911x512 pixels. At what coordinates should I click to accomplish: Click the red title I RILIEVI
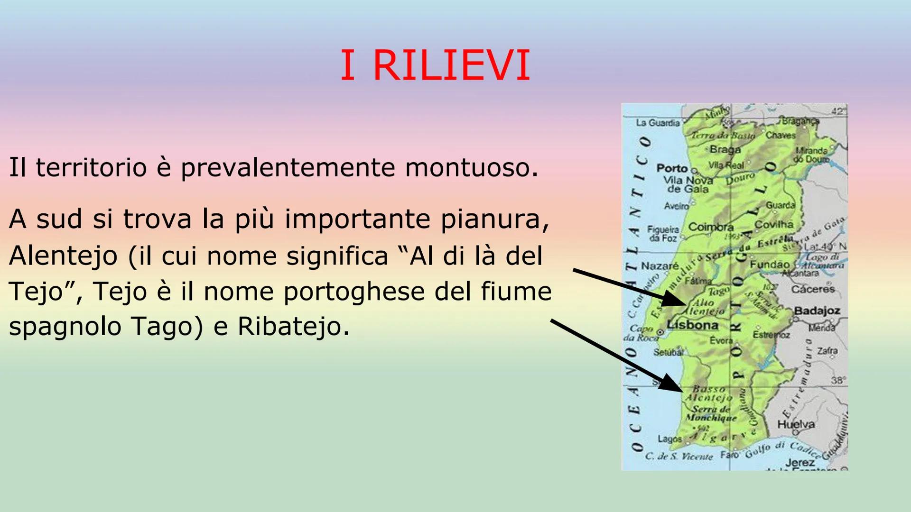pos(435,65)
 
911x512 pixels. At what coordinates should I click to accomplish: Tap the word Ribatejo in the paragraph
pos(293,326)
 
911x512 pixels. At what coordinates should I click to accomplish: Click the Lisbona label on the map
pos(692,325)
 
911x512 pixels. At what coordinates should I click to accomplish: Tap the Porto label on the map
pos(672,168)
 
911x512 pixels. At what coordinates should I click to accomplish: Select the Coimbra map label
pos(711,227)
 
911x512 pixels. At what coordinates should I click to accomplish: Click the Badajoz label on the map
pos(817,311)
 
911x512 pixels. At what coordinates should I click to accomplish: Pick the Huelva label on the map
pos(796,424)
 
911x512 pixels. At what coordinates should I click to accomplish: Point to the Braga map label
pos(725,149)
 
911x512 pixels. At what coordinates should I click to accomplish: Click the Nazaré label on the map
pos(660,266)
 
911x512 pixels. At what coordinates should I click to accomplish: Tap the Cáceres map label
pos(813,289)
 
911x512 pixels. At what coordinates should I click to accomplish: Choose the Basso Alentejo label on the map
pos(709,393)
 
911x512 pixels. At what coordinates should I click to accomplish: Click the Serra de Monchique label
pos(711,413)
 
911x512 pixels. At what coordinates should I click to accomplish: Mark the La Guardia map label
pos(658,123)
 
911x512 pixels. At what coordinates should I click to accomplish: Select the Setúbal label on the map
pos(668,352)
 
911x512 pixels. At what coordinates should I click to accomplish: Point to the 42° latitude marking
pos(838,111)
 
